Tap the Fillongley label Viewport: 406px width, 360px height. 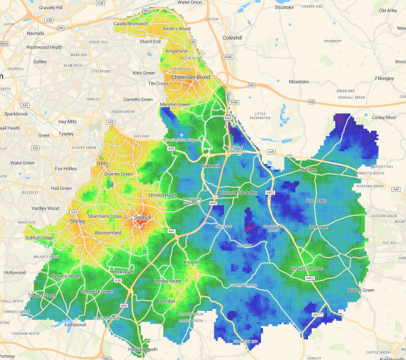click(384, 78)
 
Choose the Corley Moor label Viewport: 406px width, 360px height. click(384, 118)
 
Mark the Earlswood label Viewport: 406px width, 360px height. click(74, 324)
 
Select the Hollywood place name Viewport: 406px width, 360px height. click(15, 272)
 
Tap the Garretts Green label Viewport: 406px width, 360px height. click(138, 99)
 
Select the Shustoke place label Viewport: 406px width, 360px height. click(284, 7)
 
